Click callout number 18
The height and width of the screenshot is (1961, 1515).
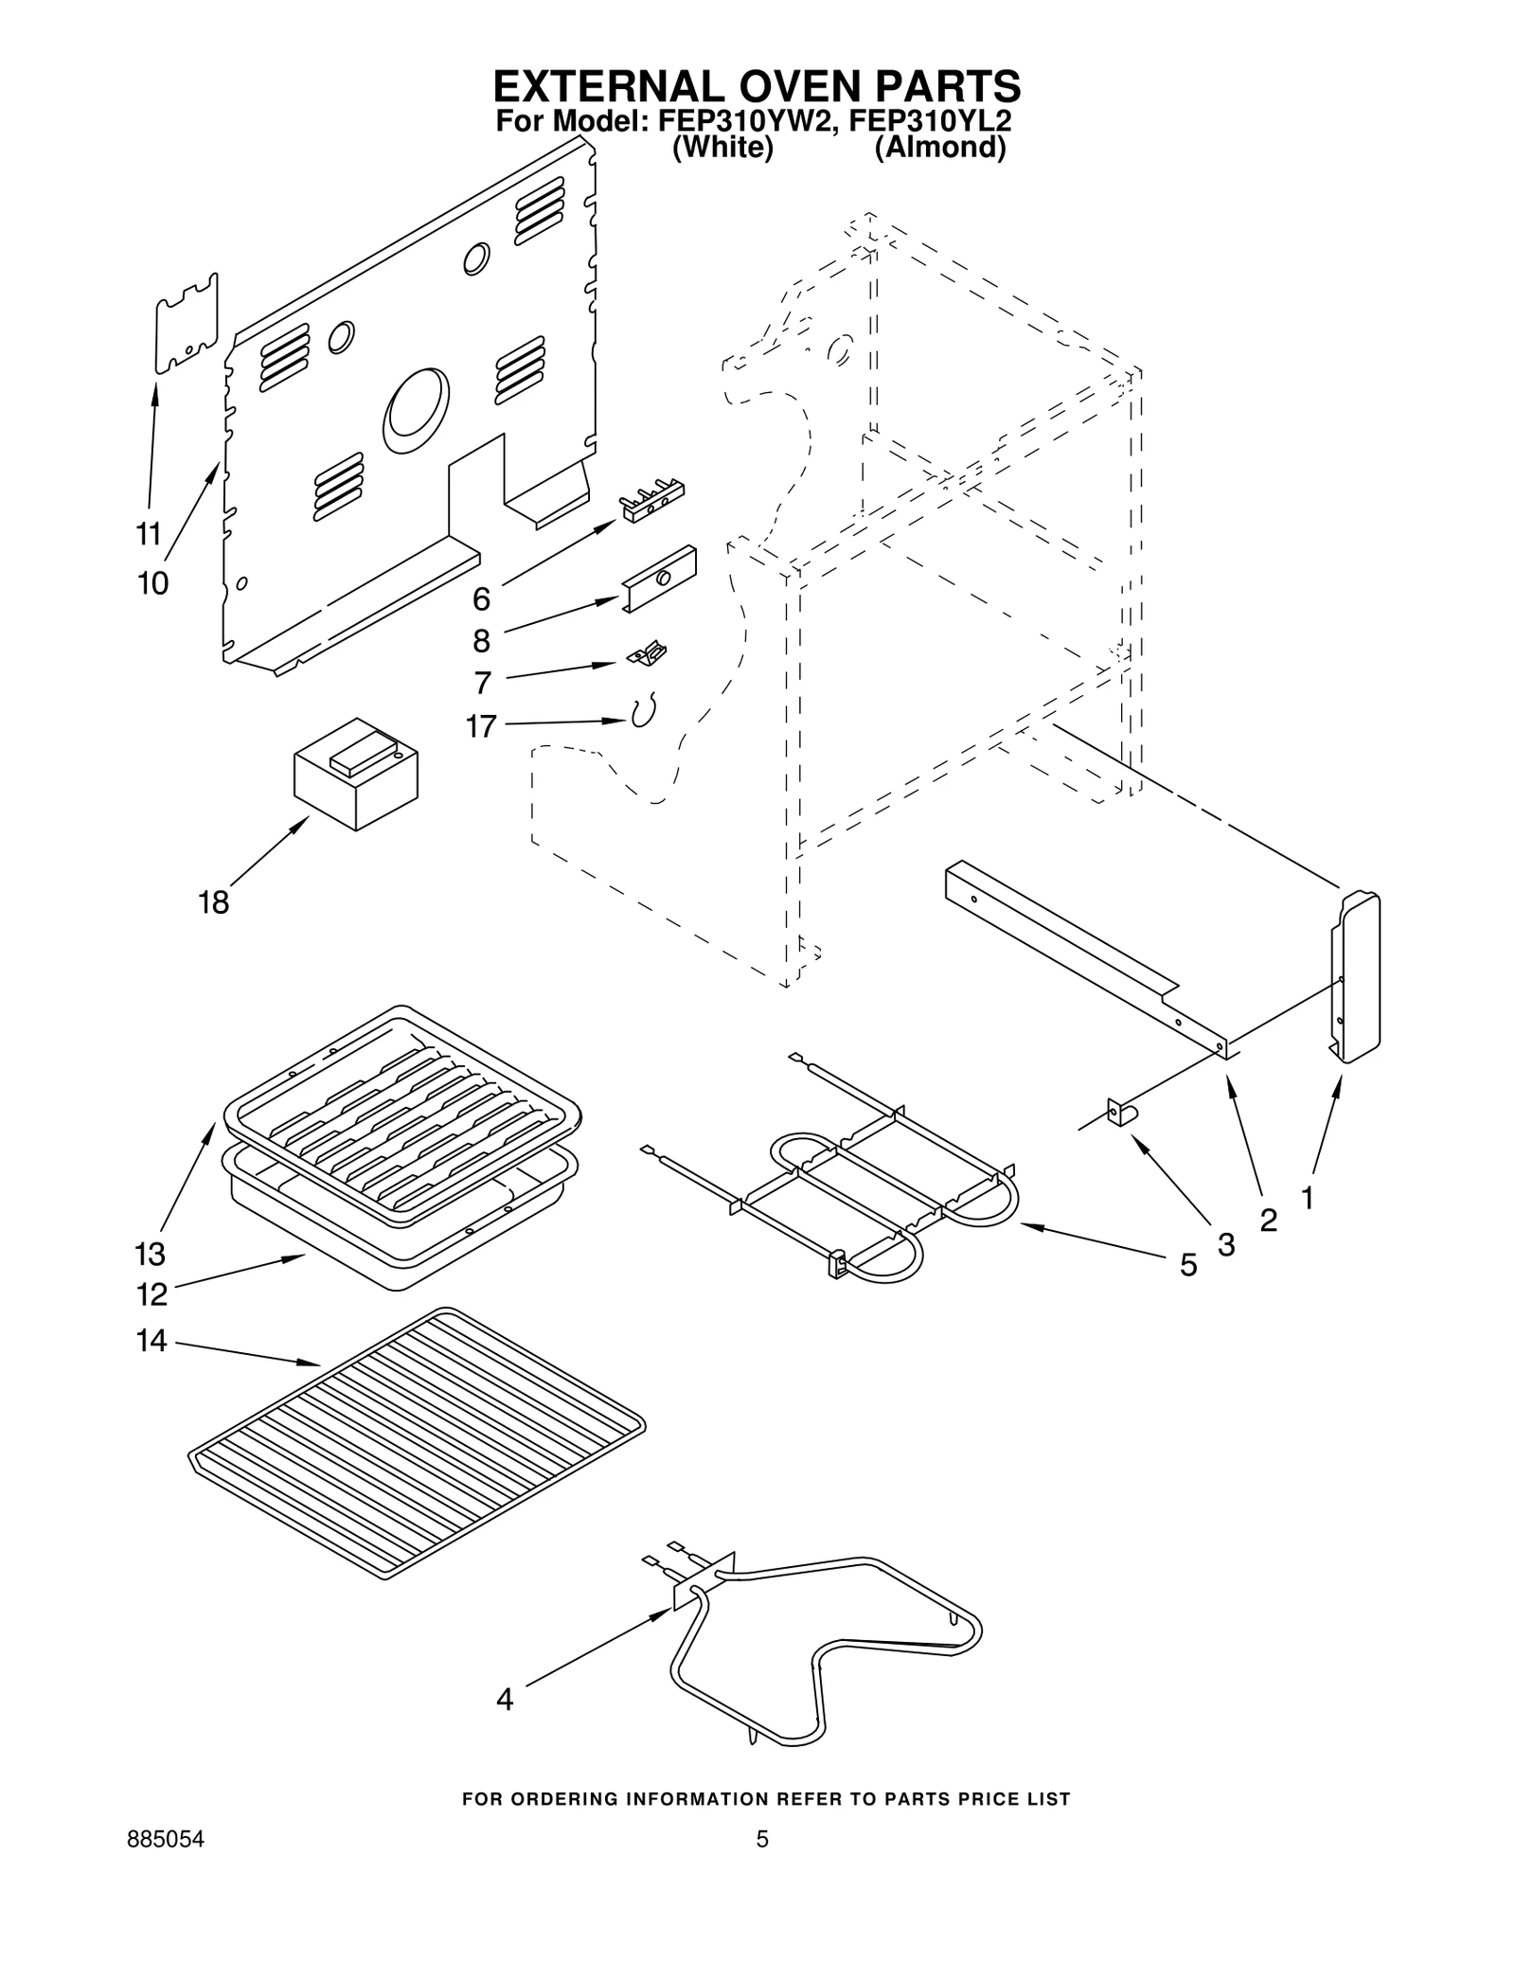pos(213,902)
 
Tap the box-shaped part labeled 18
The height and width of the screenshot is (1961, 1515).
pos(355,774)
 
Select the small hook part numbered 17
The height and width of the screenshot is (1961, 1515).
pos(644,711)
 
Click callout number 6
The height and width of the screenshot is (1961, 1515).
pos(481,598)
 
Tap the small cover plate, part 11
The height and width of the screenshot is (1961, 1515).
pos(187,324)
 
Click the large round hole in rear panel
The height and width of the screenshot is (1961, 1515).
pos(416,409)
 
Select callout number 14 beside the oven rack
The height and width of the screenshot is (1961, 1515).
pos(151,1341)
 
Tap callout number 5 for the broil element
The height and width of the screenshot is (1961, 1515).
pos(1188,1265)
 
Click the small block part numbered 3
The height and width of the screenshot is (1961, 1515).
pos(1120,1113)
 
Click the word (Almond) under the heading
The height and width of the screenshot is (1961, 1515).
pos(939,149)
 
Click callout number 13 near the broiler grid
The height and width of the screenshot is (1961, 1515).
pos(150,1254)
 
